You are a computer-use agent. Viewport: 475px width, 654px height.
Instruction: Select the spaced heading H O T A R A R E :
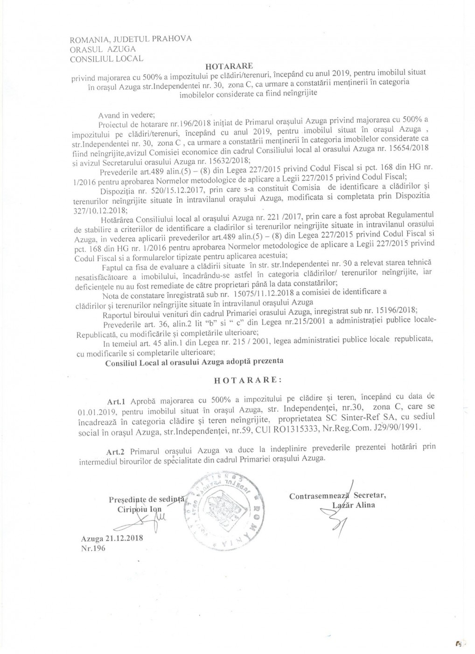coord(248,380)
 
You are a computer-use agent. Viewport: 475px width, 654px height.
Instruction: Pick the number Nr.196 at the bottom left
coord(94,548)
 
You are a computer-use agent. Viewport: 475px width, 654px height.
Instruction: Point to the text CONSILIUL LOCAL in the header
coord(106,59)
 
